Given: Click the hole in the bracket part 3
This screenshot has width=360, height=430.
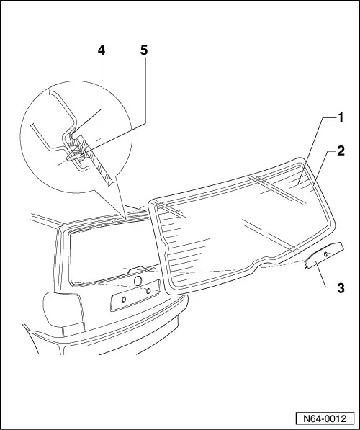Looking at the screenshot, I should pyautogui.click(x=327, y=254).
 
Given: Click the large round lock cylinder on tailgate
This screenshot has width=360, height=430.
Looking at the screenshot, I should pyautogui.click(x=136, y=280).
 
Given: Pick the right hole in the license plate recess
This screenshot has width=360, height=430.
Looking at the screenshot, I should pyautogui.click(x=148, y=290).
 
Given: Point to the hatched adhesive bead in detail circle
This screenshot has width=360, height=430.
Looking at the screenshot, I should pyautogui.click(x=77, y=152).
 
